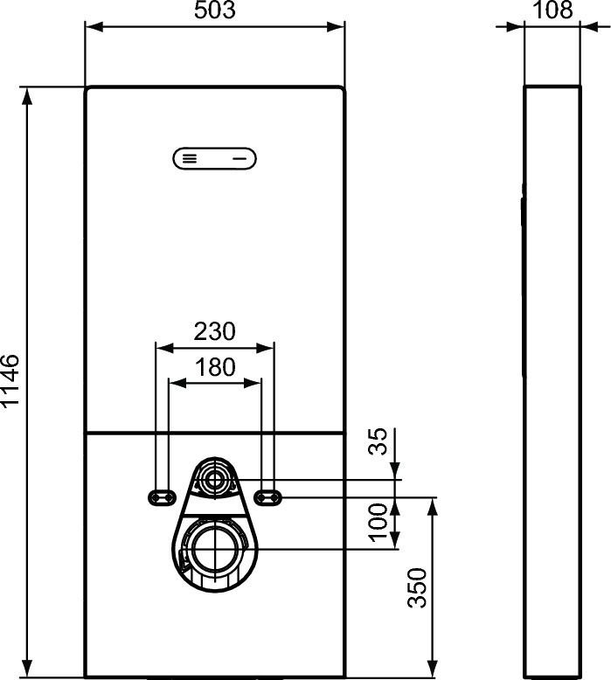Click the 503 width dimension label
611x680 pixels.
pyautogui.click(x=215, y=10)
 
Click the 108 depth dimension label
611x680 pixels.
pyautogui.click(x=552, y=10)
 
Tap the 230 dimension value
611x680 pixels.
pyautogui.click(x=214, y=332)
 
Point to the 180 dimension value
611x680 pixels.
pyautogui.click(x=214, y=367)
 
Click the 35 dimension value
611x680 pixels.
pyautogui.click(x=378, y=443)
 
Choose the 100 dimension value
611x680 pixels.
pyautogui.click(x=378, y=522)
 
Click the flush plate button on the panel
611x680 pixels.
pyautogui.click(x=215, y=158)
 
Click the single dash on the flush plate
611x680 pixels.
pyautogui.click(x=240, y=158)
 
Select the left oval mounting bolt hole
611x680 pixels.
pyautogui.click(x=161, y=496)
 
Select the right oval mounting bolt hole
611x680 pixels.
pyautogui.click(x=269, y=496)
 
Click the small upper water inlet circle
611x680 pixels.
pyautogui.click(x=214, y=479)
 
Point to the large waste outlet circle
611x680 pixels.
pyautogui.click(x=214, y=549)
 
